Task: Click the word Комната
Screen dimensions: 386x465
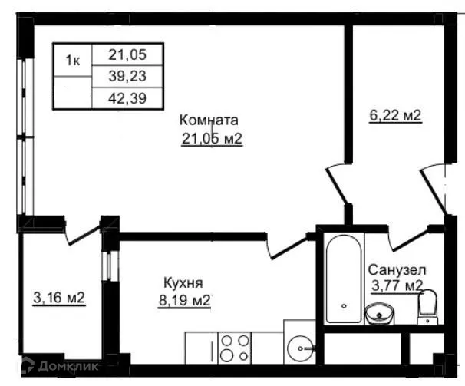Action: [209, 120]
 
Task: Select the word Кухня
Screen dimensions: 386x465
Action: [183, 282]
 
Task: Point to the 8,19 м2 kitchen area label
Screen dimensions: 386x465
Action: [184, 300]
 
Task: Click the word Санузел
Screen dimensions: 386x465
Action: [397, 270]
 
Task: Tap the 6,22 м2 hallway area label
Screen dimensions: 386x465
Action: [396, 116]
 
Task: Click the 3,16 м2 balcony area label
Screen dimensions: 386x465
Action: [58, 298]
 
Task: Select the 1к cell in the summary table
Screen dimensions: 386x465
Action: [72, 60]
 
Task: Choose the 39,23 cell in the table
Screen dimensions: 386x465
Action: [127, 75]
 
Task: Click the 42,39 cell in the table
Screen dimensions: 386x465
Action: [127, 97]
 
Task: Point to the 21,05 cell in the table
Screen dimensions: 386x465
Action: [127, 54]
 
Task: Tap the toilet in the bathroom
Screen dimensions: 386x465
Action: [427, 307]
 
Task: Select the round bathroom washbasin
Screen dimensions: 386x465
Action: [378, 313]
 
